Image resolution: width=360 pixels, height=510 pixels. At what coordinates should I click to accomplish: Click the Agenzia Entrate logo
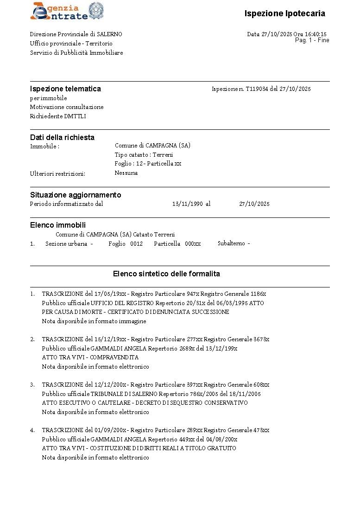point(67,12)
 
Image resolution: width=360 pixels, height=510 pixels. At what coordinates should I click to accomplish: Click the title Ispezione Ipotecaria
point(284,13)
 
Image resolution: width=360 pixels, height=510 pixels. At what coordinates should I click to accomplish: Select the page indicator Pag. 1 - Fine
point(312,40)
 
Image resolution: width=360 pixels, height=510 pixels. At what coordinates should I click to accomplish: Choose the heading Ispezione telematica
point(65,89)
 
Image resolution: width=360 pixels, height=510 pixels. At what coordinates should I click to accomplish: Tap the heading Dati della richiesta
point(62,137)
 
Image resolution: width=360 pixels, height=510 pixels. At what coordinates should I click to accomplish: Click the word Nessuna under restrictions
point(126,173)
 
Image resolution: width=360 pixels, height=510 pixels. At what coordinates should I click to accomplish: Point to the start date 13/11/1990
point(187,204)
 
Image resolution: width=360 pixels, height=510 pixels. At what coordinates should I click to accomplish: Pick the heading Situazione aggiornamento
point(76,195)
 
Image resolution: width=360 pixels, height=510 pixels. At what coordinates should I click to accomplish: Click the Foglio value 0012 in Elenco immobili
point(136,244)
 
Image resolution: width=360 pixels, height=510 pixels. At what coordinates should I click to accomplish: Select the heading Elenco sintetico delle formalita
point(166,274)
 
